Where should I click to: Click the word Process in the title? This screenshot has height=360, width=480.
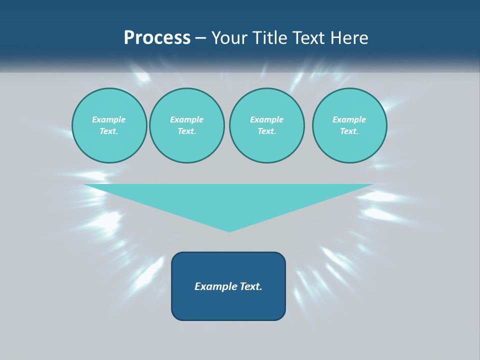(157, 38)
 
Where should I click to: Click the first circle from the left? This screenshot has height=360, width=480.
(109, 125)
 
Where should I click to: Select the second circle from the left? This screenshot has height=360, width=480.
(186, 125)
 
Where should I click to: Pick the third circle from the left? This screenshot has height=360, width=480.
(266, 125)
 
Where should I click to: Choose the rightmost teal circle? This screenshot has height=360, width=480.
(349, 125)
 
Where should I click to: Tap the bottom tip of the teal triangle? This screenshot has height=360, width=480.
(229, 230)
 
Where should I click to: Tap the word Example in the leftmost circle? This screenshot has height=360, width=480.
(109, 119)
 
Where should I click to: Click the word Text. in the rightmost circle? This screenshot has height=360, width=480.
(349, 131)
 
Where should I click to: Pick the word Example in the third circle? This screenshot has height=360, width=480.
(266, 119)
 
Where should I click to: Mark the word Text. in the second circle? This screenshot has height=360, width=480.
(186, 131)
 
